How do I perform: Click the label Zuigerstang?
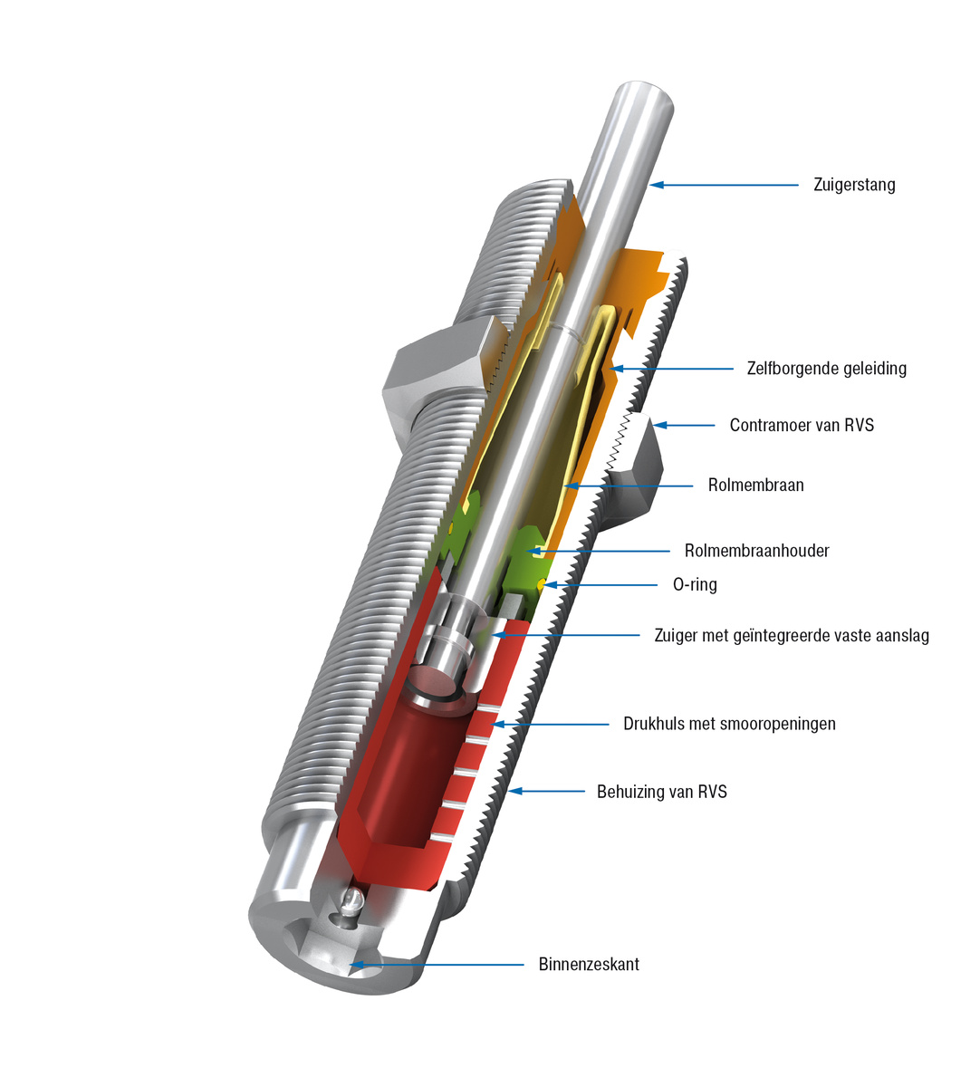[855, 185]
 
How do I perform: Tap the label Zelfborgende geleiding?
[826, 369]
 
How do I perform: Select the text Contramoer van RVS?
[802, 425]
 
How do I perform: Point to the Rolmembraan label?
[755, 485]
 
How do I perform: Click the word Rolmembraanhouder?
[756, 551]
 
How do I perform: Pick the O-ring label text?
[695, 585]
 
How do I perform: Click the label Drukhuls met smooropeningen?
[729, 724]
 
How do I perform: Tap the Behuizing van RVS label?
[661, 792]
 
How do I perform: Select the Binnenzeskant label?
[588, 964]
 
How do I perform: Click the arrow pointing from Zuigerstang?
[725, 185]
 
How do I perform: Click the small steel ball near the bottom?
[352, 899]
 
